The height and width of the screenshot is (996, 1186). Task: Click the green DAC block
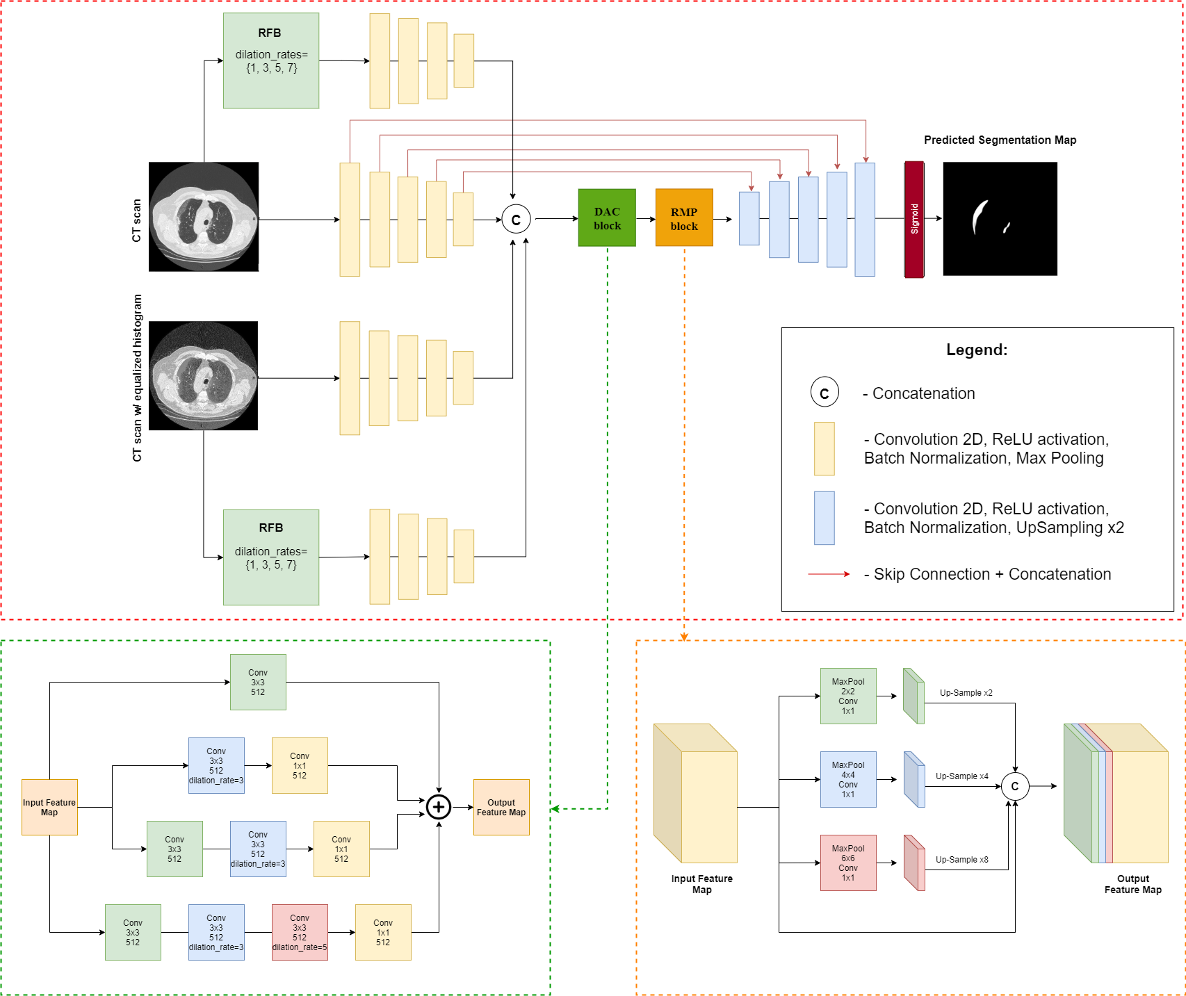pos(607,218)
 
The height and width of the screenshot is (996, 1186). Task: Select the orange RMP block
pos(684,218)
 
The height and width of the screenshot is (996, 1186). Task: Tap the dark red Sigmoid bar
pos(914,220)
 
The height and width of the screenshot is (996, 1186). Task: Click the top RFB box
pos(271,60)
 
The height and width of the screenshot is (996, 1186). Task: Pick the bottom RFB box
pos(271,557)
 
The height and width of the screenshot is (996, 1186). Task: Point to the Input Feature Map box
pos(49,807)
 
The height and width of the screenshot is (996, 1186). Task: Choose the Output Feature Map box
pos(501,807)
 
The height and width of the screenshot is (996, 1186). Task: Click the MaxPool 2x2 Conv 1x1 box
pos(848,696)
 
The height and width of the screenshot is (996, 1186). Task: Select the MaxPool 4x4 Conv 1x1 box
pos(848,779)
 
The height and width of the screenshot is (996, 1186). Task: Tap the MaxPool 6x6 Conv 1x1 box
pos(848,863)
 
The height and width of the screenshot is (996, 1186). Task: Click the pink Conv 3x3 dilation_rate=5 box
pos(300,932)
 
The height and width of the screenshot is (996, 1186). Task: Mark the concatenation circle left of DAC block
pos(516,220)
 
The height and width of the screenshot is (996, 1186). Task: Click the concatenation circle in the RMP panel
pos(1015,786)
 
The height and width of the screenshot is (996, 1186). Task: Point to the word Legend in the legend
pos(976,350)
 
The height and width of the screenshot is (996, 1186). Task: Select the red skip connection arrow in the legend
pos(829,574)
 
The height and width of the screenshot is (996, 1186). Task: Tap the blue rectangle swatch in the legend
pos(824,518)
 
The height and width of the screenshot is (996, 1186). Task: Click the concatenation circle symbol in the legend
pos(824,393)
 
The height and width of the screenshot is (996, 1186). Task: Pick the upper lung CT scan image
pos(204,216)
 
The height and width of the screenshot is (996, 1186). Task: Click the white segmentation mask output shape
pos(980,216)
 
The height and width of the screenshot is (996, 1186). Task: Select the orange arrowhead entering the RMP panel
pos(684,637)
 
